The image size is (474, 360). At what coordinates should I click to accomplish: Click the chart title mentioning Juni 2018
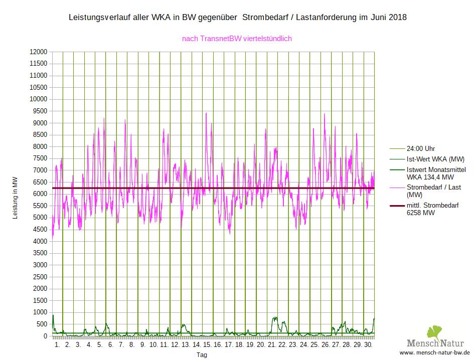pyautogui.click(x=237, y=18)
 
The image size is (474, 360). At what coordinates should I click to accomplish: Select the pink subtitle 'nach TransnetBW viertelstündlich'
pyautogui.click(x=237, y=38)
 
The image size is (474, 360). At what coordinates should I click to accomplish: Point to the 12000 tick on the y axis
pyautogui.click(x=38, y=52)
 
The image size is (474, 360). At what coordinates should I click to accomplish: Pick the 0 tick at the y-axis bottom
pyautogui.click(x=45, y=336)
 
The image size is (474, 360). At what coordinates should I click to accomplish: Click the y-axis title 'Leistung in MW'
pyautogui.click(x=15, y=198)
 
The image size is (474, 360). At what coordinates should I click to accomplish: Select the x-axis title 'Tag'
pyautogui.click(x=202, y=355)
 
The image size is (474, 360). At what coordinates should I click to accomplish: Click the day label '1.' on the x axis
pyautogui.click(x=57, y=345)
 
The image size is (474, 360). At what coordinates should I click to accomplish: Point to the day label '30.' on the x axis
pyautogui.click(x=368, y=345)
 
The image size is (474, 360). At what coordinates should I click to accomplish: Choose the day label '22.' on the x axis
pyautogui.click(x=282, y=345)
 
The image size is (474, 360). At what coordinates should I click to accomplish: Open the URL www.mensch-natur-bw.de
pyautogui.click(x=434, y=353)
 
